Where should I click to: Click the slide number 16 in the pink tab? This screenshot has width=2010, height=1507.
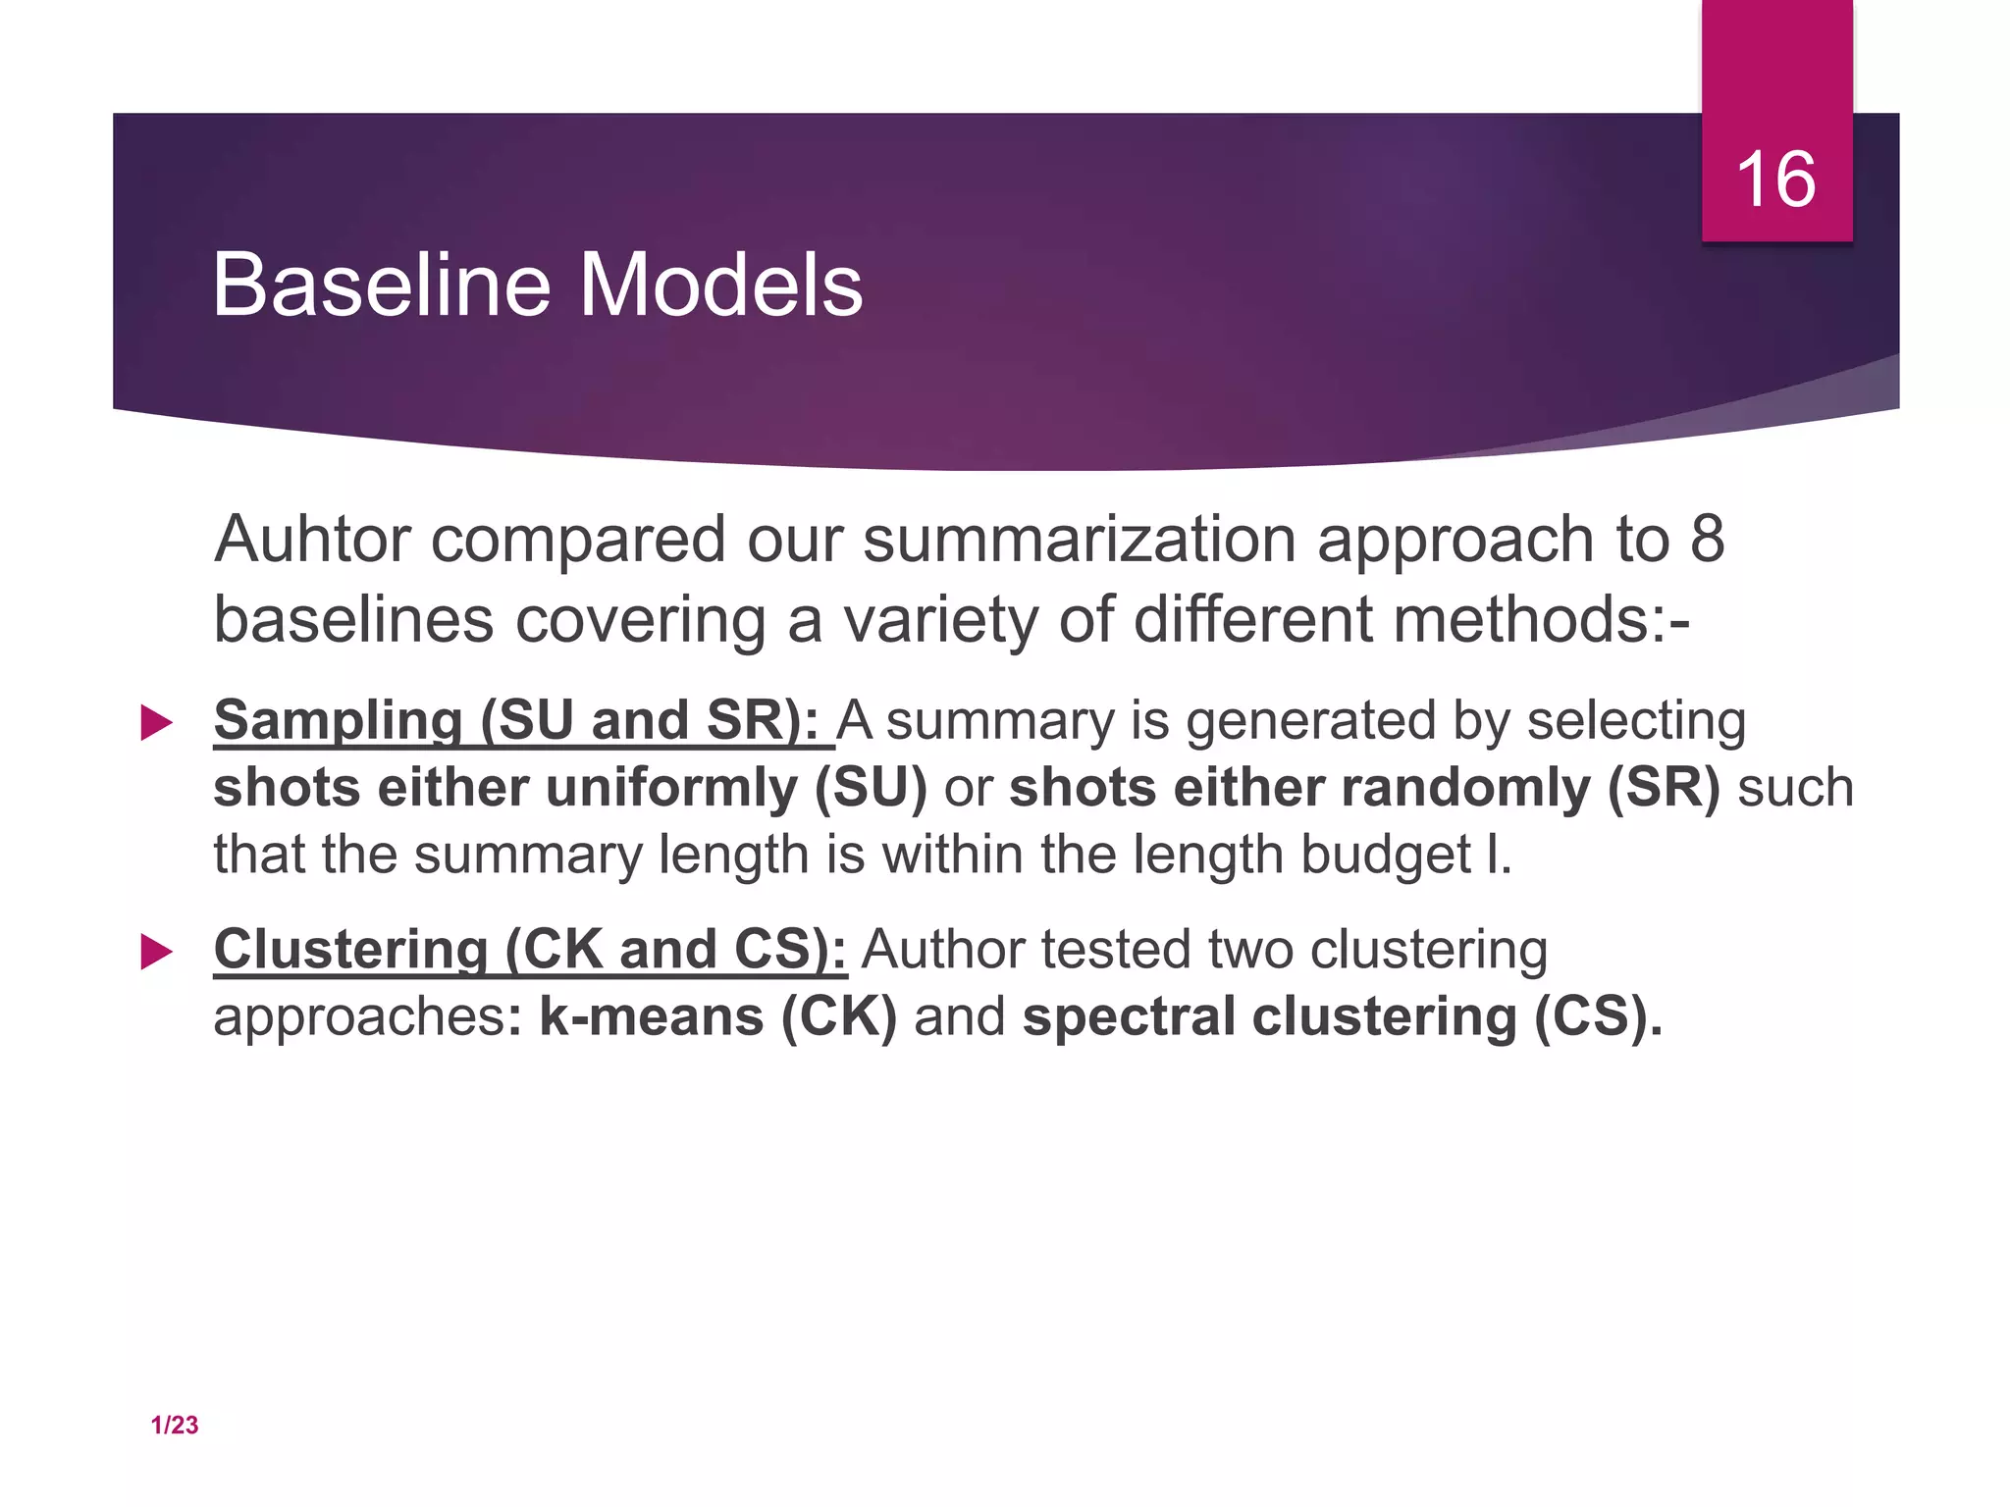click(1776, 180)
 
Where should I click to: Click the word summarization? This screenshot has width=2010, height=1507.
click(1080, 542)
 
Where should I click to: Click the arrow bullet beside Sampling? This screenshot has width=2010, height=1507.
click(157, 723)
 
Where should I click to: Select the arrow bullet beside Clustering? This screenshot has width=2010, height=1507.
click(157, 952)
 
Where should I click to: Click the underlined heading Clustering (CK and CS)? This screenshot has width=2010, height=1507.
click(530, 950)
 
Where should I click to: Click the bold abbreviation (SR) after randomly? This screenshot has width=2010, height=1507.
click(1664, 788)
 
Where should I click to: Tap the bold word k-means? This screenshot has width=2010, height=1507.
click(652, 1016)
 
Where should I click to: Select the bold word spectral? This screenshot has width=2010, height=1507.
click(1129, 1018)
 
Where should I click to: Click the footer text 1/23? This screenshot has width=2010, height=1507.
click(175, 1426)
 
